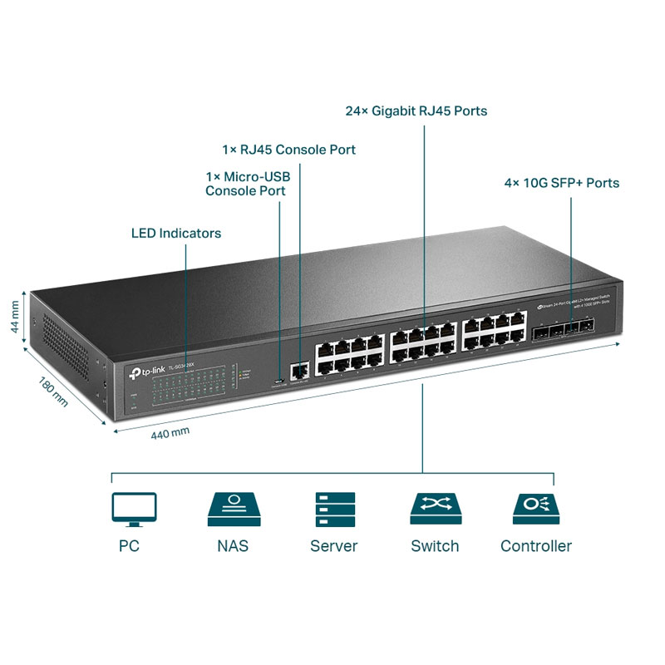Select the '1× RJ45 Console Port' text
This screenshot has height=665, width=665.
pos(288,150)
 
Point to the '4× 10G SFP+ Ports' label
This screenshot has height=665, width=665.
pos(562,183)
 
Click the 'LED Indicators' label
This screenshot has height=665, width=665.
pos(176,233)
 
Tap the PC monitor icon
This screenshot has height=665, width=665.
pos(133,509)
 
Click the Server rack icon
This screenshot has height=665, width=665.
pos(334,509)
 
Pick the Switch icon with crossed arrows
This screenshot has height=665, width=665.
pos(435,509)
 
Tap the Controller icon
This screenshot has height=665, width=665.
pos(535,509)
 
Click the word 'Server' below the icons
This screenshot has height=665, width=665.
pos(333,546)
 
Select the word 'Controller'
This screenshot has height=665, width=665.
pos(535,546)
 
